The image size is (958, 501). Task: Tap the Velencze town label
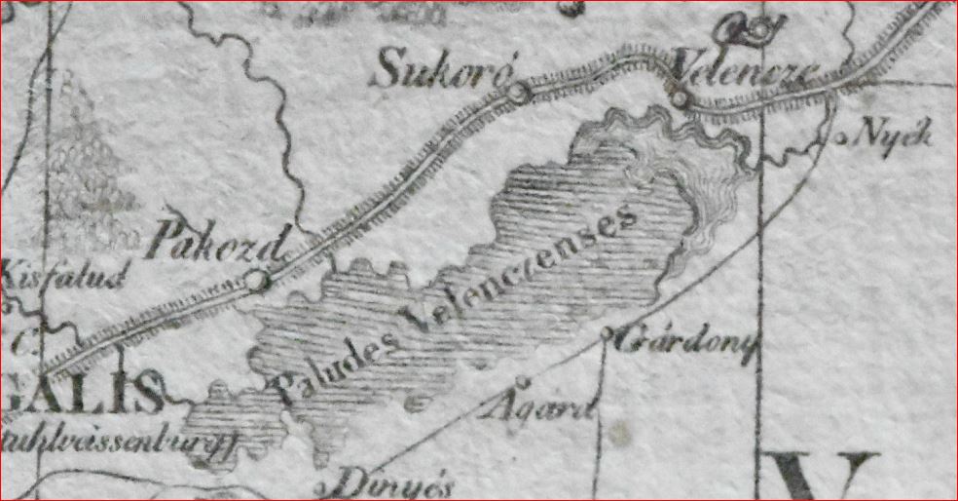tap(745, 74)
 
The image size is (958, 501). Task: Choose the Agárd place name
tap(536, 404)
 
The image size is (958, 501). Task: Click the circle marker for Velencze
tap(679, 98)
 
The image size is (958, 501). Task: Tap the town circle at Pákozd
tap(256, 281)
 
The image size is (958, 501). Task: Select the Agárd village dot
tap(522, 381)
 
